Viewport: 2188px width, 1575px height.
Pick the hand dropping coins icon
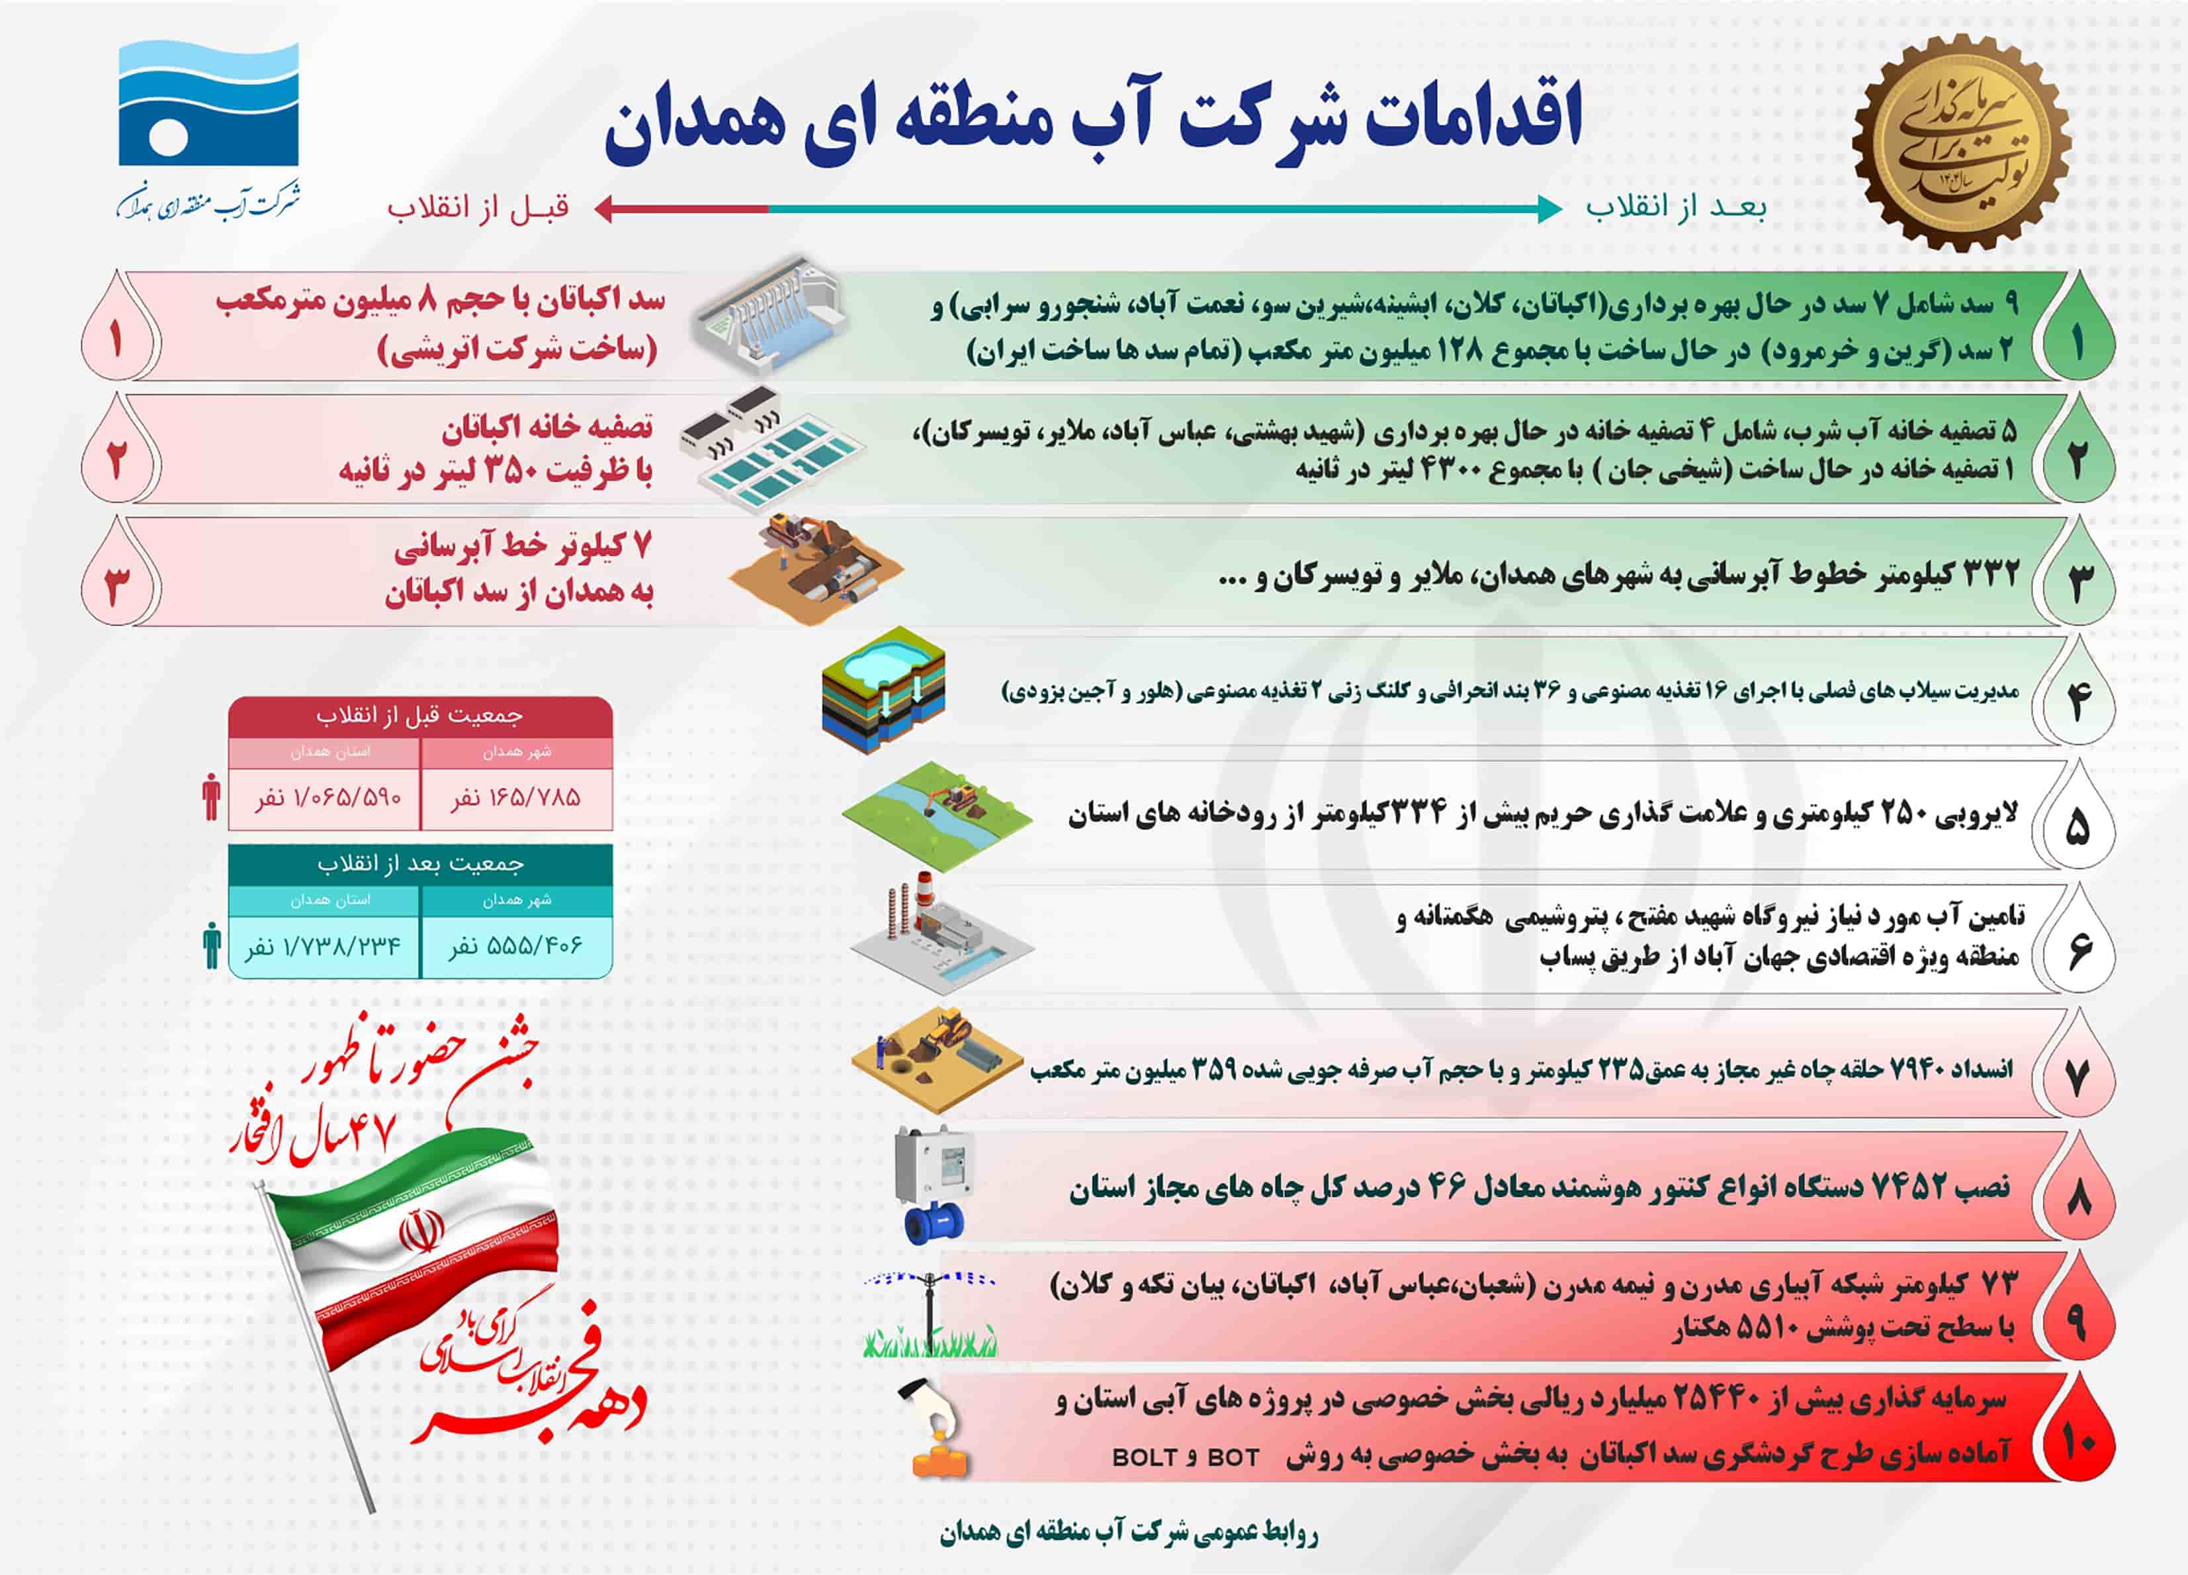934,1428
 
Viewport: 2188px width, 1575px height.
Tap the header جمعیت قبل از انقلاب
419,715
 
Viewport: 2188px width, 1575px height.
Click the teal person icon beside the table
211,945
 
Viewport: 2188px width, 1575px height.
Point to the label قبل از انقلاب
478,207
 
